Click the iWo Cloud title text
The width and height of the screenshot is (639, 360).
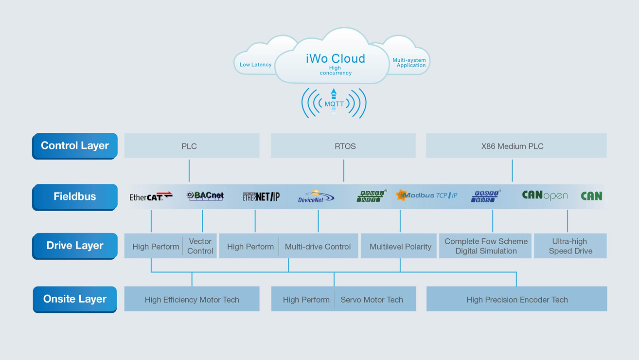click(x=335, y=59)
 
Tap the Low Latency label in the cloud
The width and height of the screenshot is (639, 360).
click(x=255, y=65)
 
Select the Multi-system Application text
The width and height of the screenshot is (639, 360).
click(x=409, y=63)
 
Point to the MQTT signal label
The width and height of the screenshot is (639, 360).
click(x=334, y=104)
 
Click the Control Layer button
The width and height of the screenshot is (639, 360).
click(x=75, y=145)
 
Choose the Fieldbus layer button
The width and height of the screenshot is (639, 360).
click(x=75, y=197)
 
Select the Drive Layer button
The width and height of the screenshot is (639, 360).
click(x=75, y=246)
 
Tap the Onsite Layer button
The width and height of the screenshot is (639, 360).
click(x=75, y=299)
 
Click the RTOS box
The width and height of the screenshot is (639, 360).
click(x=343, y=146)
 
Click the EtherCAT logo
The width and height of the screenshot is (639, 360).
click(x=151, y=196)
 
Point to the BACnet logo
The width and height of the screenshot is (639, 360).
click(x=205, y=196)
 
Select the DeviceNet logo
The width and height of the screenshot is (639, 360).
click(x=316, y=197)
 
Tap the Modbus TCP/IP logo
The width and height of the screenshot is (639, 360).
click(x=426, y=196)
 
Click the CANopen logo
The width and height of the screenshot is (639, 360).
click(x=545, y=196)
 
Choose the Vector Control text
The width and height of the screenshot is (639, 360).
click(x=200, y=246)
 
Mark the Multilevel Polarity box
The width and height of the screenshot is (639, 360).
click(x=400, y=247)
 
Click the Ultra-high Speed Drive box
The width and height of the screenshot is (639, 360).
click(x=570, y=246)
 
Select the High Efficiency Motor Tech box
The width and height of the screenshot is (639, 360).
click(x=192, y=300)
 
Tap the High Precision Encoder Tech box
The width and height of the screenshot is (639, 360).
click(x=516, y=300)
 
